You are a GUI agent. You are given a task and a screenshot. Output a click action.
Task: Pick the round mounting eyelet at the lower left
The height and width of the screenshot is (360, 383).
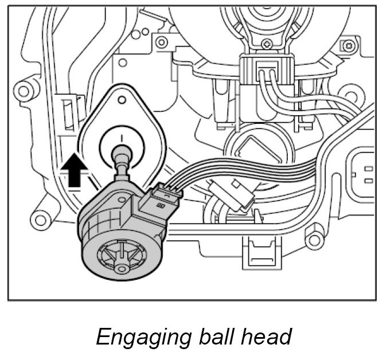pos(40,219)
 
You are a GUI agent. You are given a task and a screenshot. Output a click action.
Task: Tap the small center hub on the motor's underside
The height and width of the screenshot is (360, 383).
pos(120,267)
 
